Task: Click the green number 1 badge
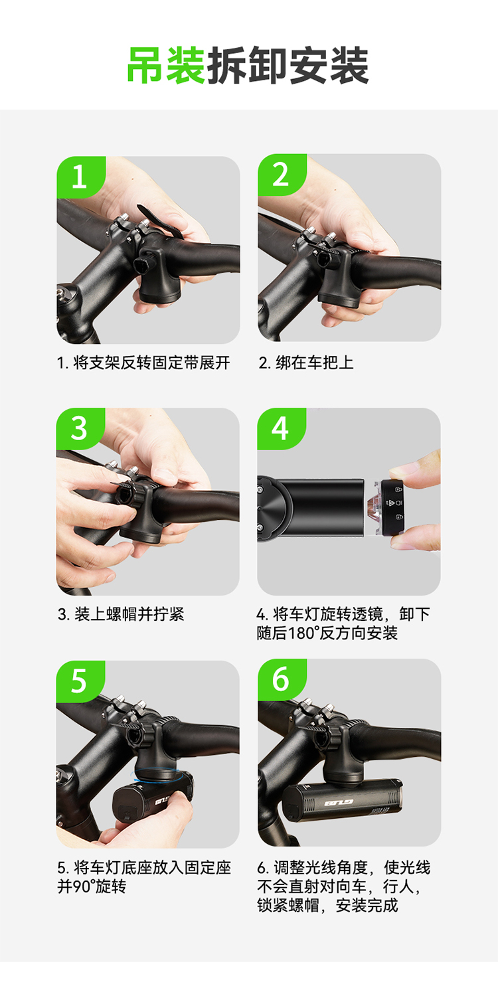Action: tap(80, 177)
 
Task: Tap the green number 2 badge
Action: tap(282, 175)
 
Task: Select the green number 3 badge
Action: tap(80, 428)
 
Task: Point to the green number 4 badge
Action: tap(281, 428)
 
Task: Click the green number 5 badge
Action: tap(80, 681)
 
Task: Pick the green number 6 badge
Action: tap(282, 679)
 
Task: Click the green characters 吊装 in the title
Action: tap(166, 65)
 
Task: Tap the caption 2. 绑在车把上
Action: tap(306, 363)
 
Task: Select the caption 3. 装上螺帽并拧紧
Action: tap(121, 614)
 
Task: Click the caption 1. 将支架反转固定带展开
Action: tap(144, 363)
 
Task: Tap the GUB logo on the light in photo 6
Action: tap(339, 802)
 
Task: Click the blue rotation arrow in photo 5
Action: tap(156, 776)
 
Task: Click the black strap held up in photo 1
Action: tap(160, 222)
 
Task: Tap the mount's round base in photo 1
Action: tap(160, 295)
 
